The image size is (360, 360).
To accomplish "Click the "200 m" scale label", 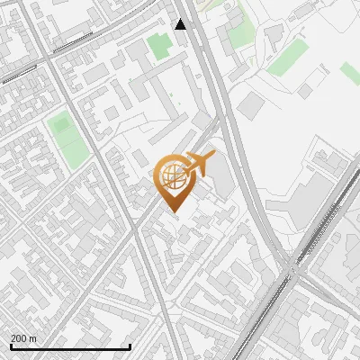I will [x=23, y=338].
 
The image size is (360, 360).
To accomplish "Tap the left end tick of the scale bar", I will [x=11, y=345].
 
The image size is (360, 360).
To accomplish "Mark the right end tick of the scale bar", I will [x=130, y=345].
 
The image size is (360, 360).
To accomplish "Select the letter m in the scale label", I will [x=32, y=338].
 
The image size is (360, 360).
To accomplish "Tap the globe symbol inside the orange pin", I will [x=175, y=175].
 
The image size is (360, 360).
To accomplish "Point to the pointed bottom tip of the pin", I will [x=175, y=212].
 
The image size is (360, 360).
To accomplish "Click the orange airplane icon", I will [x=200, y=164].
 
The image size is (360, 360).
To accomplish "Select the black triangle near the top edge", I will [x=181, y=24].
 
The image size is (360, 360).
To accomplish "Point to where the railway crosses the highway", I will [x=294, y=268].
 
